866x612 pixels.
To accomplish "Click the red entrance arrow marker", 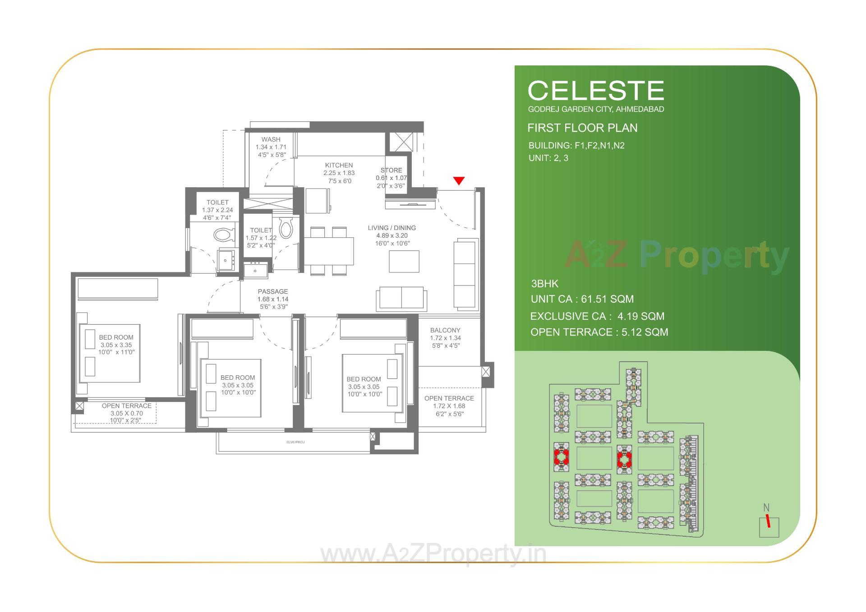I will pos(459,181).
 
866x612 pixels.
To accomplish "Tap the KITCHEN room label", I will pos(339,166).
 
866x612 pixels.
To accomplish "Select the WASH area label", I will pos(271,139).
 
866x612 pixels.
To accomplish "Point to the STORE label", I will pos(391,170).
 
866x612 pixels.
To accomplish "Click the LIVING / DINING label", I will pos(392,228).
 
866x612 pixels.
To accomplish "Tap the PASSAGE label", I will pos(272,291).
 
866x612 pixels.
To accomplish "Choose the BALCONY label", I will pos(445,330).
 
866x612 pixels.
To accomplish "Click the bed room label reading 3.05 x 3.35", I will pos(116,345).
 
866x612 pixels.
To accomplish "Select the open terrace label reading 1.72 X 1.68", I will pos(449,406).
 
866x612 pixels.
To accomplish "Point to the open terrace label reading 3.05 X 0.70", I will pos(126,413).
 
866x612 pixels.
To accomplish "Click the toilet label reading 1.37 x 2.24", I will pos(217,210).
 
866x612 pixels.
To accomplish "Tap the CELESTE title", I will pos(596,91).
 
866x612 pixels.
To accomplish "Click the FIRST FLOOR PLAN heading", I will pos(582,128).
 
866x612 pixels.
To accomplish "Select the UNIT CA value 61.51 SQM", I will pos(607,299).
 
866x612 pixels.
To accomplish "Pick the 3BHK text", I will pos(544,284).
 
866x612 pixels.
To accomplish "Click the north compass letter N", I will pos(766,508).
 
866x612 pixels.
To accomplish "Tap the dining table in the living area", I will pos(329,251).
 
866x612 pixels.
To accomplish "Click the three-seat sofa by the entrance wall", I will pos(466,274).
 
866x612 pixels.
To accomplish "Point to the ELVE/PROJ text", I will pos(295,442).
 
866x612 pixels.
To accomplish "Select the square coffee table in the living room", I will pos(404,261).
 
